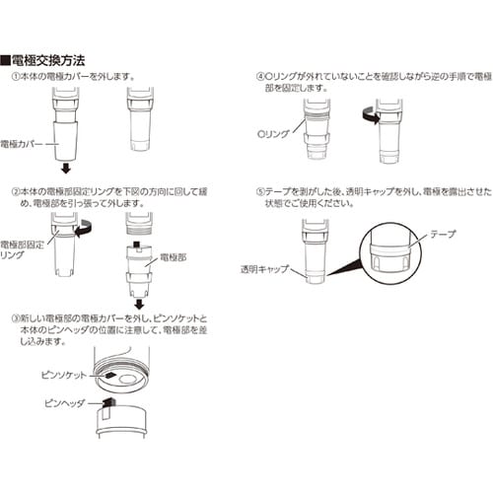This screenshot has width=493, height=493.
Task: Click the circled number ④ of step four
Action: click(260, 76)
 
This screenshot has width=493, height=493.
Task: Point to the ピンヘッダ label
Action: click(63, 403)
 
